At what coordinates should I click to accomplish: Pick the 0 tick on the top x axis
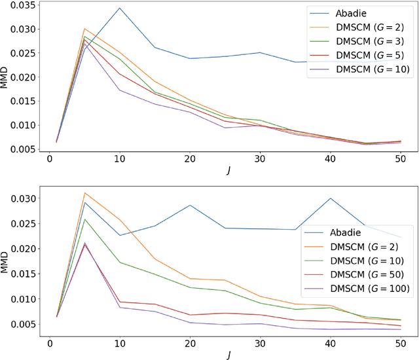pyautogui.click(x=49, y=160)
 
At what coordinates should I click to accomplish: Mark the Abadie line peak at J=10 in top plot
pyautogui.click(x=120, y=9)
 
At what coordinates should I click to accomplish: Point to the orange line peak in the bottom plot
pyautogui.click(x=85, y=193)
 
